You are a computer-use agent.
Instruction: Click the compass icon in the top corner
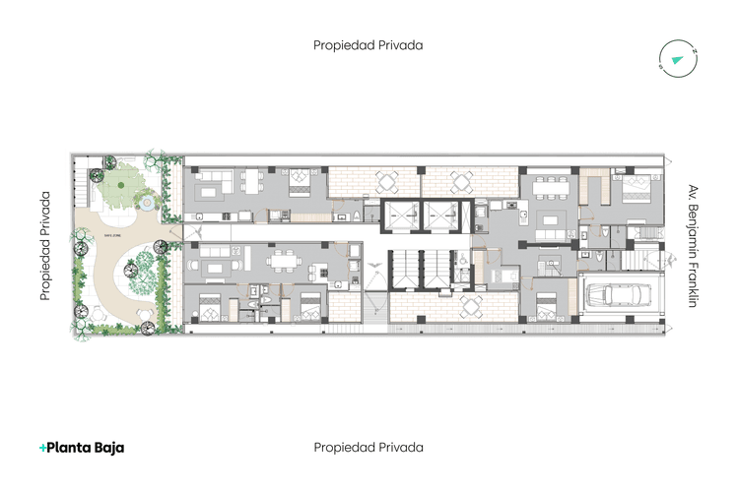[x=678, y=59]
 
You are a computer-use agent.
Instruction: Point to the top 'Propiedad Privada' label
[x=369, y=45]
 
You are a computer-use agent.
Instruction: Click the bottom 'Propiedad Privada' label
[x=369, y=448]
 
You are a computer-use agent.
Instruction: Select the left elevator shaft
[x=401, y=215]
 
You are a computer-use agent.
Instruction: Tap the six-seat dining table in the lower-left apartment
[x=286, y=260]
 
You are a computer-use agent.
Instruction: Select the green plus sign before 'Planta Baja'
[x=43, y=448]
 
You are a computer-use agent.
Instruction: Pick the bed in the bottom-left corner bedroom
[x=210, y=307]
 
